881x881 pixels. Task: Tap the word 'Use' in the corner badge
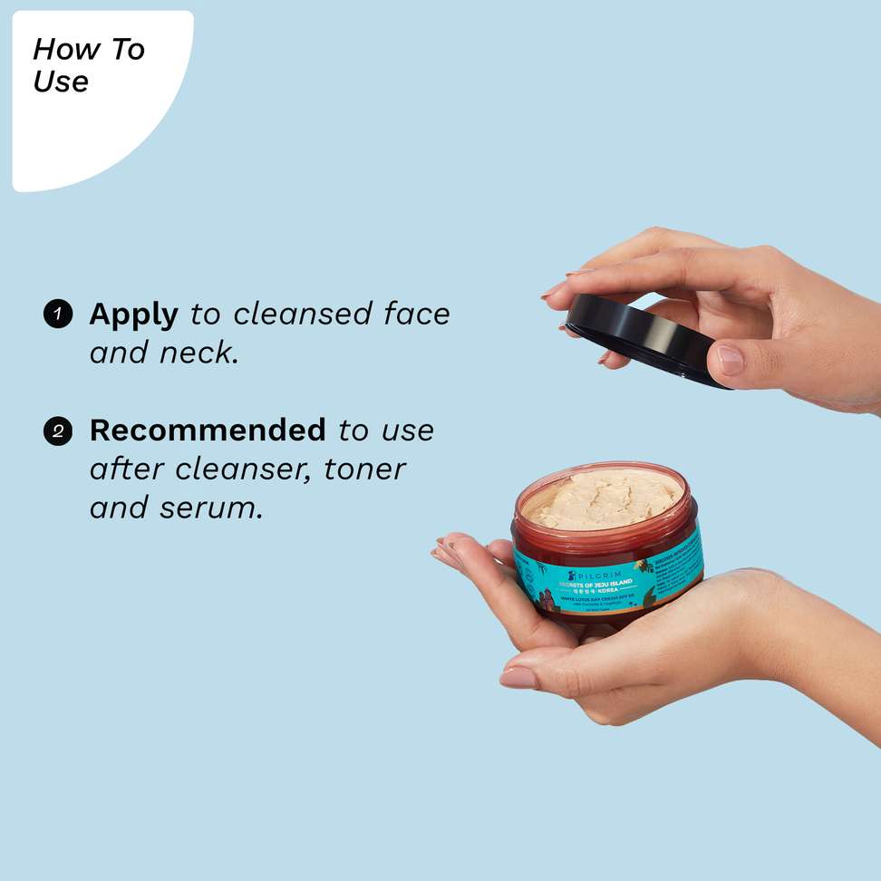click(61, 82)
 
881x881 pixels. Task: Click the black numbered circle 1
click(57, 315)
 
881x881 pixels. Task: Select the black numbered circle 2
click(57, 431)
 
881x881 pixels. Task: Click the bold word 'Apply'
click(133, 315)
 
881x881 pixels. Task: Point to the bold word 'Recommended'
click(208, 430)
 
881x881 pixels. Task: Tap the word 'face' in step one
click(416, 315)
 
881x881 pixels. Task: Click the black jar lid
click(644, 341)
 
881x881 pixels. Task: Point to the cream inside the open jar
click(605, 498)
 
